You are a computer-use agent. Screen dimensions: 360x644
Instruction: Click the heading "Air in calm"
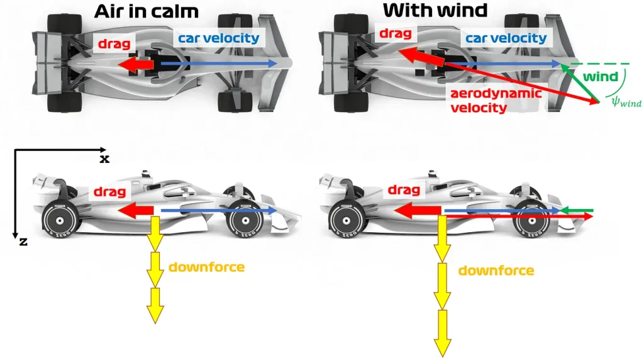coord(146,11)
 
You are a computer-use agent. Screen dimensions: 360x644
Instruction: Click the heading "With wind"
coord(435,10)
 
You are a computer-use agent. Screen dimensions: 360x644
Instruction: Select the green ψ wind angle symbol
coord(622,100)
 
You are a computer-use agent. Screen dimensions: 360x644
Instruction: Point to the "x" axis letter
coord(104,159)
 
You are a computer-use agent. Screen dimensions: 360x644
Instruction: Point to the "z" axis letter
coord(23,241)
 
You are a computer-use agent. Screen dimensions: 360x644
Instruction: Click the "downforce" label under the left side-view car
coord(206,267)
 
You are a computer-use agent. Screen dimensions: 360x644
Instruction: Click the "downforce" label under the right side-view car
coord(496,271)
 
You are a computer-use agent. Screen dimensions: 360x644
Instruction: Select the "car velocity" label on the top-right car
coord(506,38)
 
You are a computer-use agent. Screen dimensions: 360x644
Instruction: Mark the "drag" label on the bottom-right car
coord(404,190)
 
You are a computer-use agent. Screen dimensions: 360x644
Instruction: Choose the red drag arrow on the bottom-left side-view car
coord(137,210)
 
